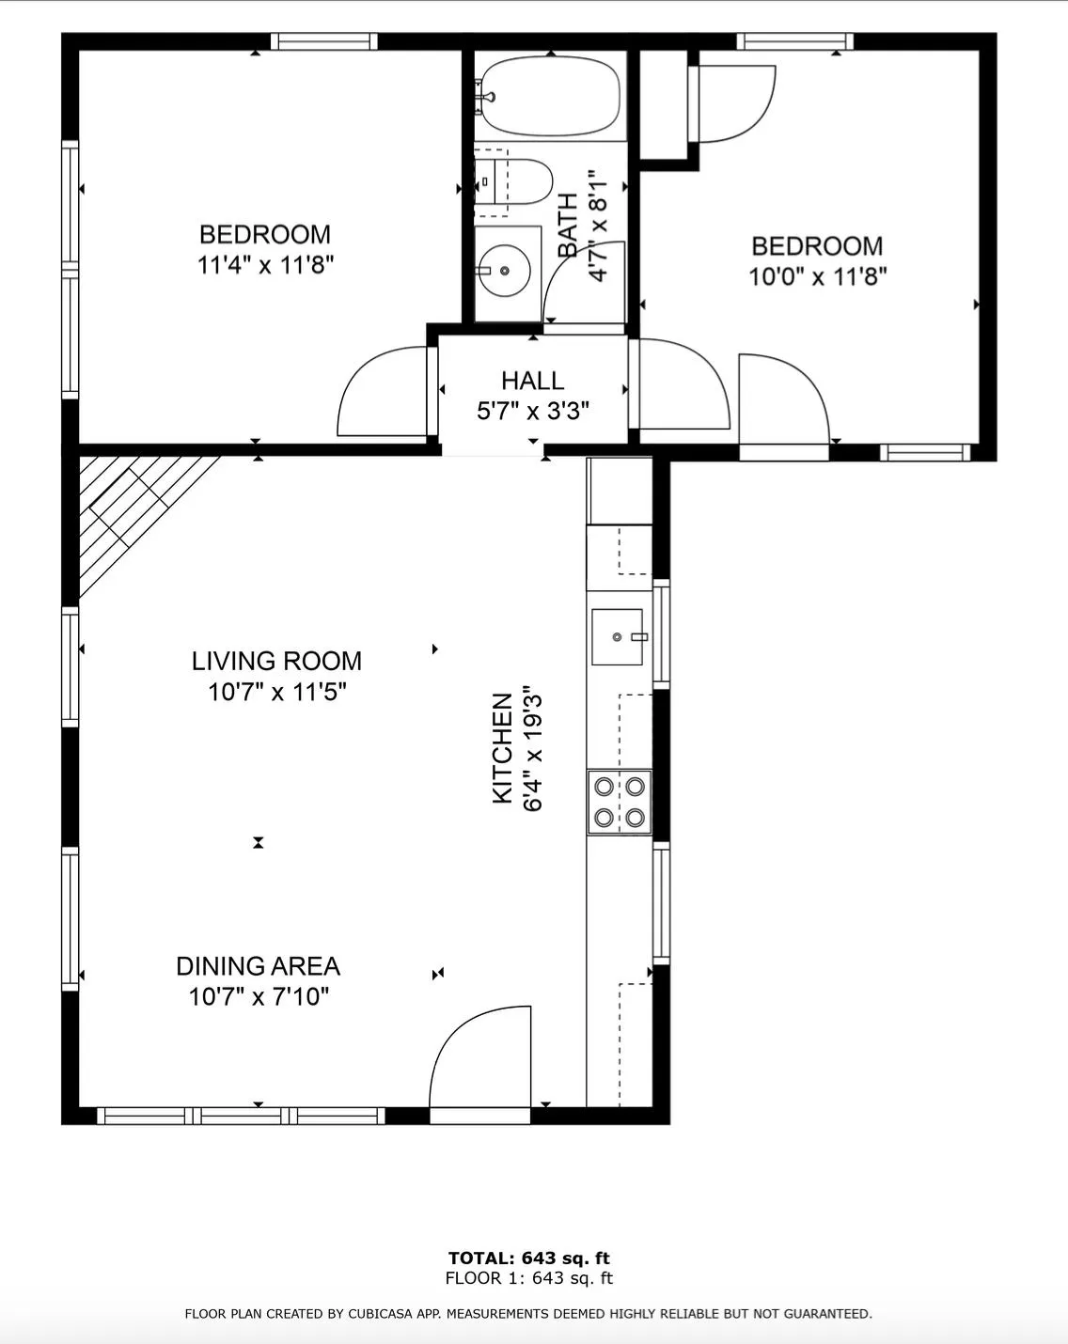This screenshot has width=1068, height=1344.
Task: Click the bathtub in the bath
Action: point(551,96)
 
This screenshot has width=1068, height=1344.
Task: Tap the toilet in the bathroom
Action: point(513,181)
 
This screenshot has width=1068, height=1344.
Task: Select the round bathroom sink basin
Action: point(504,271)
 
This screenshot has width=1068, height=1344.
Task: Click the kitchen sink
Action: point(618,636)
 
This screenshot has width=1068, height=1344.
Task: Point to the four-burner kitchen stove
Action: point(620,802)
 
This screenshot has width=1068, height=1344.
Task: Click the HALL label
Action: point(532,381)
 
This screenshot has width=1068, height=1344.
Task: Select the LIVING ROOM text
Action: point(276,661)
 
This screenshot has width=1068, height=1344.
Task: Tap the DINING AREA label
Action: point(259,966)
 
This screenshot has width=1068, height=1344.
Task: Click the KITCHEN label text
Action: point(502,748)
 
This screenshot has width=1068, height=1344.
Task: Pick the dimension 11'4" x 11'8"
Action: point(266,265)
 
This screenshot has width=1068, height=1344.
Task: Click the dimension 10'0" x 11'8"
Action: point(817,276)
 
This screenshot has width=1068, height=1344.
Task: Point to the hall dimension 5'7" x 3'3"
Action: point(533,411)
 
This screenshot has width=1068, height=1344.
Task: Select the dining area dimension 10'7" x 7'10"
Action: point(259,997)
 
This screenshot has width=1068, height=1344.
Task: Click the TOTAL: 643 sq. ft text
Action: point(528,1258)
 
